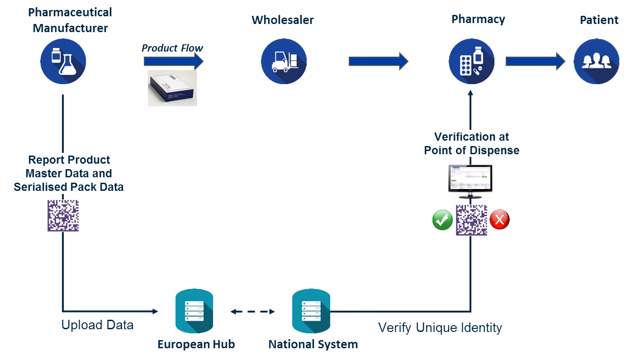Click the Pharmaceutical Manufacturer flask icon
click(x=63, y=61)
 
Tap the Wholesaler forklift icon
click(x=284, y=62)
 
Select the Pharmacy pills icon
click(x=471, y=62)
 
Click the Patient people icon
click(x=596, y=62)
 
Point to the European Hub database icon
click(x=195, y=311)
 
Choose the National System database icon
click(x=311, y=311)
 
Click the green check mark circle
click(x=442, y=220)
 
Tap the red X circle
click(x=499, y=220)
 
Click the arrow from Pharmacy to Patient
click(x=535, y=61)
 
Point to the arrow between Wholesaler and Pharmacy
click(x=378, y=61)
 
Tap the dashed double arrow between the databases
click(x=253, y=312)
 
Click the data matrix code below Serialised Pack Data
click(x=63, y=216)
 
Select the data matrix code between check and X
click(x=471, y=220)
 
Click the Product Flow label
click(x=172, y=48)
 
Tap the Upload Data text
click(x=97, y=325)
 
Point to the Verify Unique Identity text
click(x=440, y=327)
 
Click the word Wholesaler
click(x=283, y=20)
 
